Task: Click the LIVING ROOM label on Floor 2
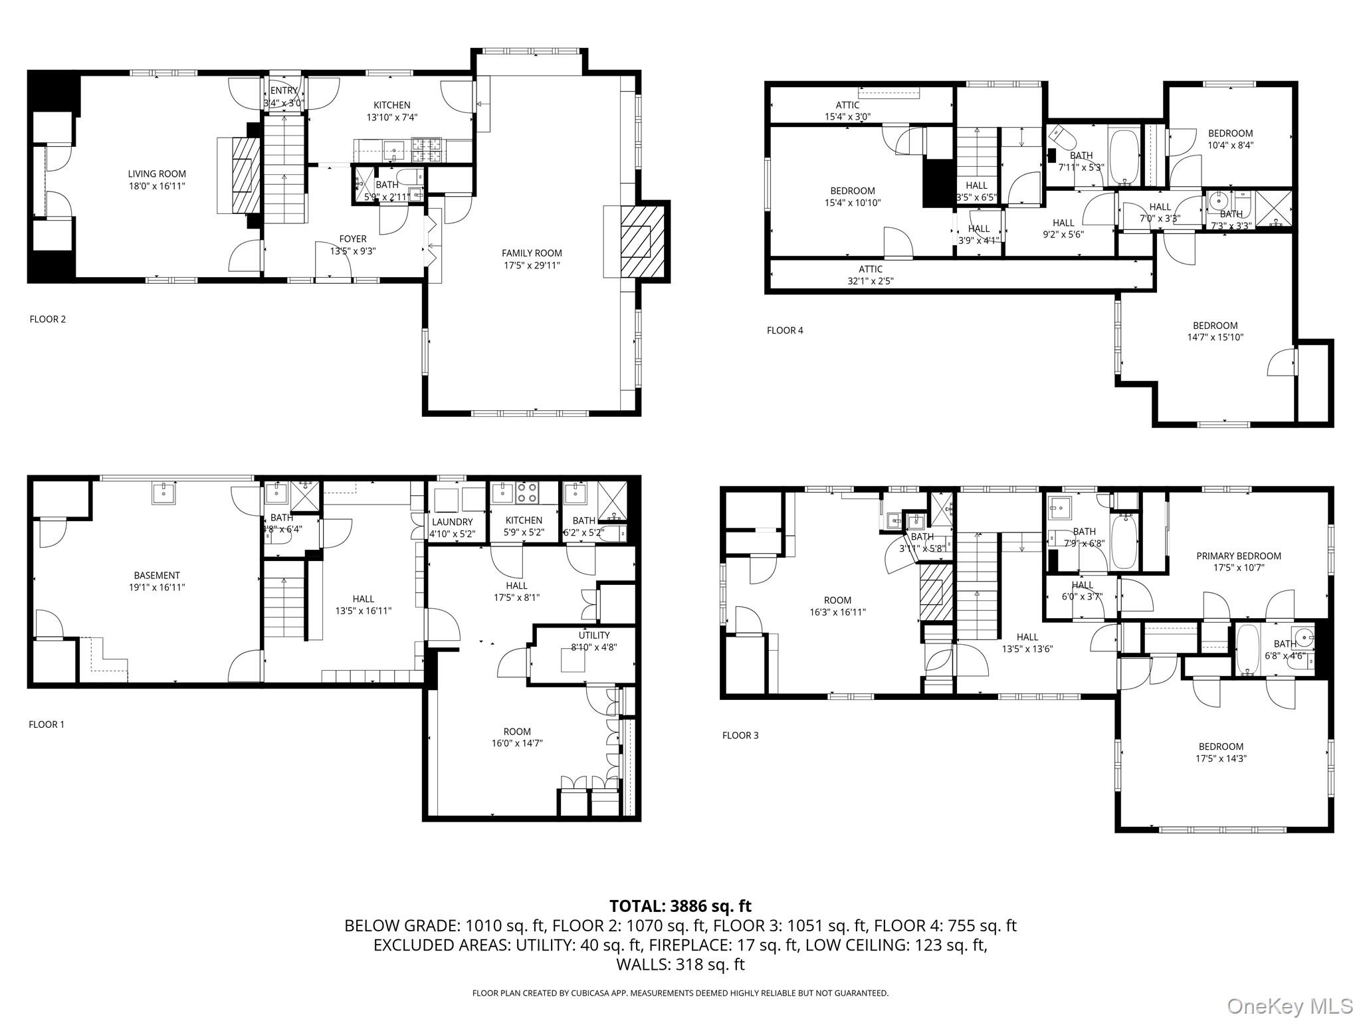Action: (157, 174)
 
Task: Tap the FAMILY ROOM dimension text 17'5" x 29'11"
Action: (532, 265)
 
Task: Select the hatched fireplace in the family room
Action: (643, 241)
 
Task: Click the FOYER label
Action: (353, 239)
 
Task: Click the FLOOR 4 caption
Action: (785, 330)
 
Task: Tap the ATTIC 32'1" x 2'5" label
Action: (871, 275)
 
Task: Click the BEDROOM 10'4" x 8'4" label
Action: (1230, 139)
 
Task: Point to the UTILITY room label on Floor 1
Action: (593, 635)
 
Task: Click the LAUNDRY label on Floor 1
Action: (452, 522)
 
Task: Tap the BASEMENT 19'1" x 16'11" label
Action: (157, 581)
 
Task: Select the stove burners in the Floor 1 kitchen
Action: (528, 493)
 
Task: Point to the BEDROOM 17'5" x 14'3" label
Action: (1221, 752)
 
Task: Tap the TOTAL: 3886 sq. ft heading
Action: (680, 905)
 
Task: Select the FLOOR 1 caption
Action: (47, 725)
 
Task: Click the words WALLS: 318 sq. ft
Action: (680, 964)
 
